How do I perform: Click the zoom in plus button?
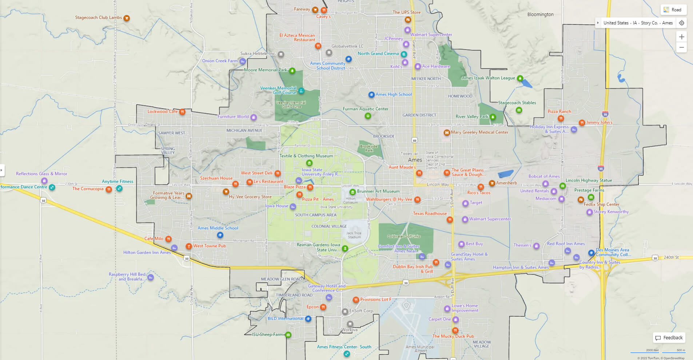(681, 37)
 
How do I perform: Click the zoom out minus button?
(681, 48)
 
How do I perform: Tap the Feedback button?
(669, 338)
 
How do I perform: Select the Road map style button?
(673, 10)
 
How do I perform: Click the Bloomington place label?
(540, 15)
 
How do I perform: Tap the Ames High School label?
(394, 94)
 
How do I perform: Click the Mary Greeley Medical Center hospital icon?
(447, 132)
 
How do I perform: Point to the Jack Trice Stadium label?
(354, 235)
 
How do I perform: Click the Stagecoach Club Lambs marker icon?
(127, 18)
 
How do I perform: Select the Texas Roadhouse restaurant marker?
(450, 219)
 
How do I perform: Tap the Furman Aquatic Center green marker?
(368, 116)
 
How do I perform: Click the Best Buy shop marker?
(461, 244)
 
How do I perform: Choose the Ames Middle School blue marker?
(220, 235)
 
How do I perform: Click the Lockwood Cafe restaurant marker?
(182, 112)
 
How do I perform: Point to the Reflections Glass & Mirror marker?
(44, 181)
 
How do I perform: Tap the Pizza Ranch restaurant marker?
(561, 118)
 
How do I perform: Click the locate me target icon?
(682, 23)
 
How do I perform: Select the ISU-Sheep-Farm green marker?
(288, 335)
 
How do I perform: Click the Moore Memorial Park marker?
(292, 71)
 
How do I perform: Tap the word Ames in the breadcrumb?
(667, 23)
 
